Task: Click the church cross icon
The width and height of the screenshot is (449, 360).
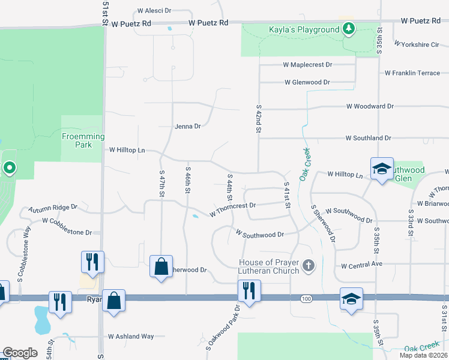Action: [309, 266]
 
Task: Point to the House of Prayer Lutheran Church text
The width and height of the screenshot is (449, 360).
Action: [269, 266]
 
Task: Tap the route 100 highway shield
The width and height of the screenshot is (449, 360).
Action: [307, 298]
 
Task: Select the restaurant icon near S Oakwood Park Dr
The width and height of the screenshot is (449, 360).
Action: [247, 290]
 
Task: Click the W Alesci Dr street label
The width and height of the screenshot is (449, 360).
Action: [154, 11]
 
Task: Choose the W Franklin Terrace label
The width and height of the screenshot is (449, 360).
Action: [416, 73]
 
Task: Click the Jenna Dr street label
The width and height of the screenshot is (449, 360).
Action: [187, 126]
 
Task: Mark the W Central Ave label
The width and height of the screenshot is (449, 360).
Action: [361, 264]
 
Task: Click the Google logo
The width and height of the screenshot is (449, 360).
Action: [20, 353]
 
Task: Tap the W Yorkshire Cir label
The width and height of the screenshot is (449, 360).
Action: [417, 44]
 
